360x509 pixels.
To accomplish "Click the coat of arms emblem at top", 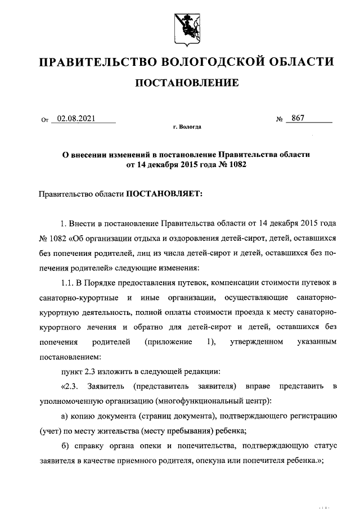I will [x=185, y=25].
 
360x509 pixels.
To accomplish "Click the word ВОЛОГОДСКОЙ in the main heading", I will [x=204, y=61].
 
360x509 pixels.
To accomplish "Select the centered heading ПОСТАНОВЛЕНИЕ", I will [x=186, y=83].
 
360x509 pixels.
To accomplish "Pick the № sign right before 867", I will [x=280, y=119].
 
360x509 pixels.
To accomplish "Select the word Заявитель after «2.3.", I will [x=106, y=386].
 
